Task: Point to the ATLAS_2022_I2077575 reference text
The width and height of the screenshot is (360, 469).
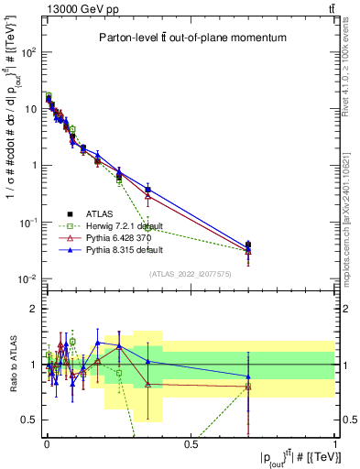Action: point(191,273)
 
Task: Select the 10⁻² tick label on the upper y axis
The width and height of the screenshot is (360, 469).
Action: point(29,278)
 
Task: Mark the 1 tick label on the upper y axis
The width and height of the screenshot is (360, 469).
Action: point(35,166)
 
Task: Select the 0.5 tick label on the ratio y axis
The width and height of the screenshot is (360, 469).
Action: point(31,420)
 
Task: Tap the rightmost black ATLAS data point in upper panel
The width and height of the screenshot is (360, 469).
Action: point(248,245)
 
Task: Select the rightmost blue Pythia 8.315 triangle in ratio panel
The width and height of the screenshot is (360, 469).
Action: point(248,376)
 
